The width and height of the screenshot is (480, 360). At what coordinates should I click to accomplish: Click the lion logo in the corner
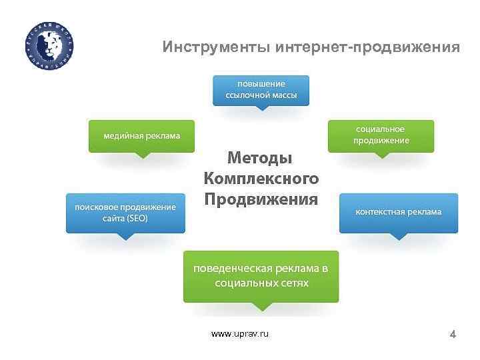tap(51, 45)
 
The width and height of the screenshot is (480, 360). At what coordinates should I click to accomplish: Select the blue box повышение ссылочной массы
tap(261, 89)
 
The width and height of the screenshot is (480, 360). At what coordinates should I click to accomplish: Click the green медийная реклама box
tap(141, 136)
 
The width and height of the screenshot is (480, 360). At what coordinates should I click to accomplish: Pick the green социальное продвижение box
tap(381, 135)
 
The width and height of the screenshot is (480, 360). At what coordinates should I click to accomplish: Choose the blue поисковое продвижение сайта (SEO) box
tap(125, 213)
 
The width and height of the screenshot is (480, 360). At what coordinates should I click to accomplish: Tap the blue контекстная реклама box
tap(399, 212)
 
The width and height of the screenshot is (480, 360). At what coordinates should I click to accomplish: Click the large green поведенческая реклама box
tap(261, 276)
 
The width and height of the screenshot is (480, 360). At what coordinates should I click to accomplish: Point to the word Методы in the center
tap(261, 157)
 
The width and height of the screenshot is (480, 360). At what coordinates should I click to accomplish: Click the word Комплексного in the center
tap(261, 179)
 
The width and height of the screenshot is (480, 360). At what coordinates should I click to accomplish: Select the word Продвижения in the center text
tap(261, 199)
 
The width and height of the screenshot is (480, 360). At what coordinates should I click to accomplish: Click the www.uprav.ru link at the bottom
tap(240, 333)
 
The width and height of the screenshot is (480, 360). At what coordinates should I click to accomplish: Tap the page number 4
tap(453, 334)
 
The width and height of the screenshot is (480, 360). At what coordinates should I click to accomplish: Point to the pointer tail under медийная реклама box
tap(142, 155)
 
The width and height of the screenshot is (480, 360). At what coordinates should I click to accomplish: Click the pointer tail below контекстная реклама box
tap(399, 235)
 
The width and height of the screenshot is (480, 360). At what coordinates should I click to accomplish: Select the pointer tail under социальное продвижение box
tap(381, 155)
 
